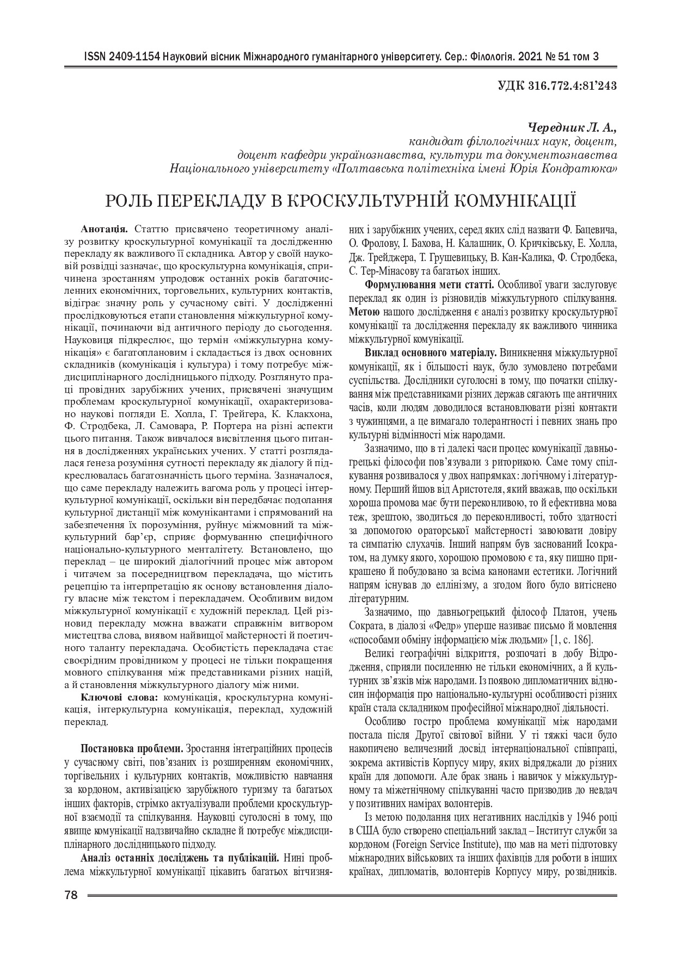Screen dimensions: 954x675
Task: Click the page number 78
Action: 71,895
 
